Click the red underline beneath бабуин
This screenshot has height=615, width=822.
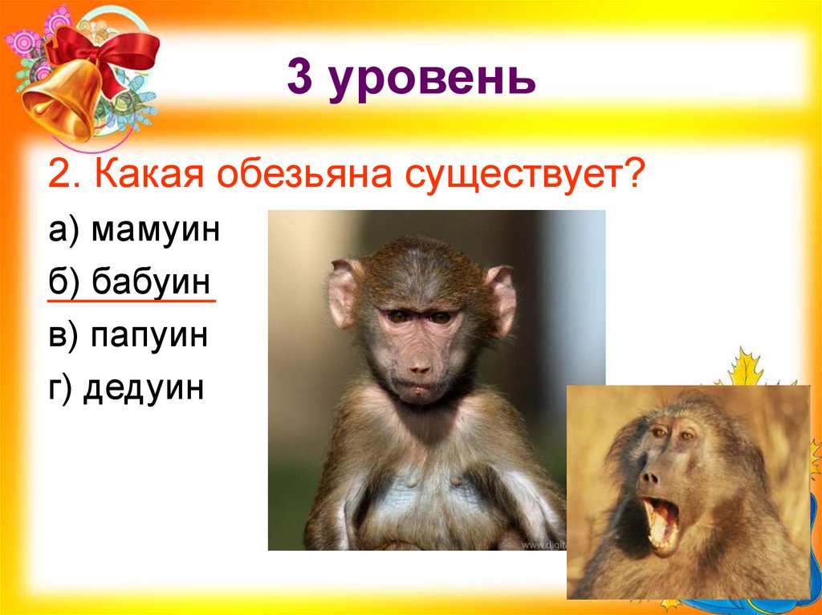click(132, 302)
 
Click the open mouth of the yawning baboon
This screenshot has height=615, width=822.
click(661, 522)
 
